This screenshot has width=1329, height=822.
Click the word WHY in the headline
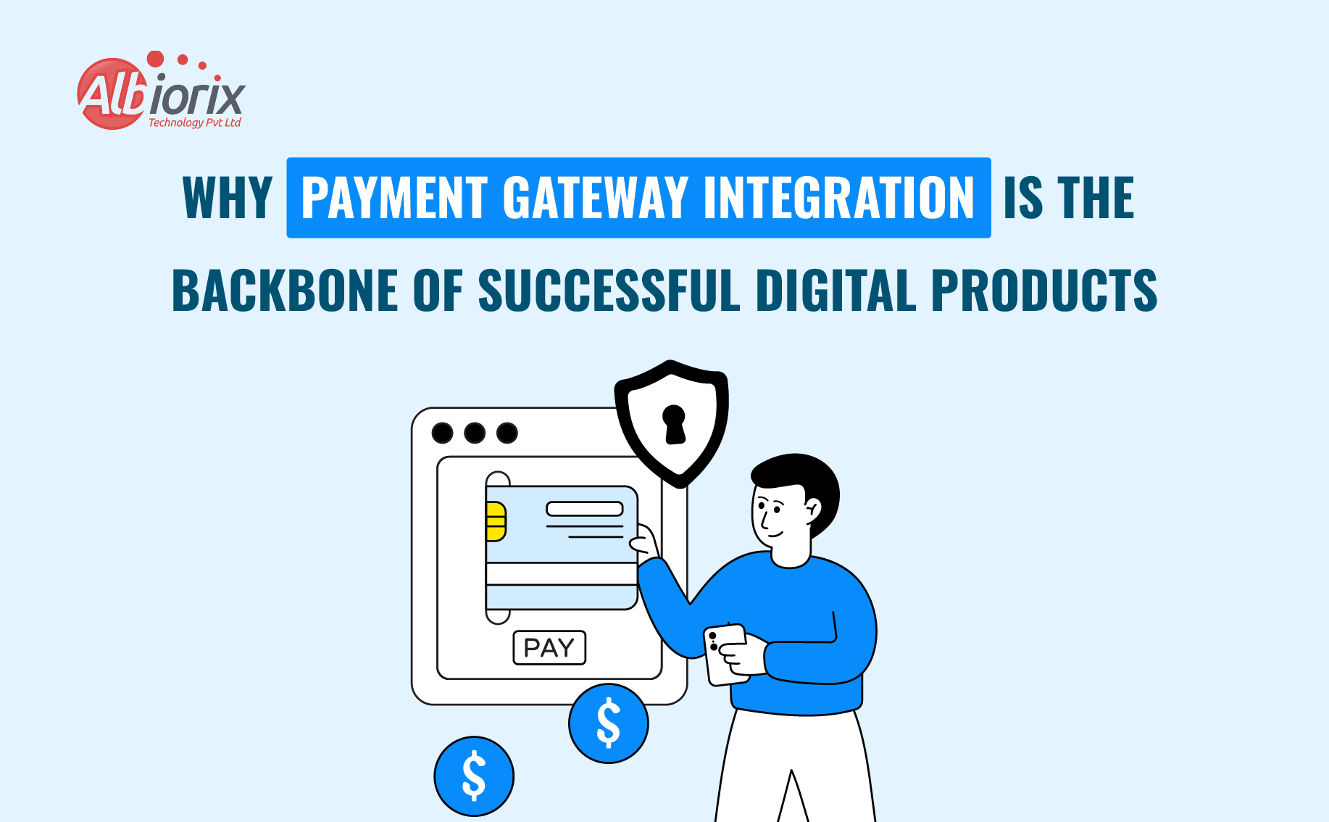228,198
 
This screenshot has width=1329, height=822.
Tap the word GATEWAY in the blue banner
595,198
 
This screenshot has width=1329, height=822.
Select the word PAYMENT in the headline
394,198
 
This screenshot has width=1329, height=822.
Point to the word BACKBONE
285,291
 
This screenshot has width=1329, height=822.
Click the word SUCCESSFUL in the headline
609,291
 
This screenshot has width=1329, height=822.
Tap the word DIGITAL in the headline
836,291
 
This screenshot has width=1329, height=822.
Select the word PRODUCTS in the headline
1044,291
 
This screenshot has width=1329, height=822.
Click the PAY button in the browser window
549,647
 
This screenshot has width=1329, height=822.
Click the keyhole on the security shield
675,423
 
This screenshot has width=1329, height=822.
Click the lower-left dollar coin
474,776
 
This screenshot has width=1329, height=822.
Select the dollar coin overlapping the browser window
609,723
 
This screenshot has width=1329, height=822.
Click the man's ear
813,507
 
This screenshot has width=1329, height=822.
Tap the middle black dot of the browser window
475,433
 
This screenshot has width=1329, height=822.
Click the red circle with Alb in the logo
111,95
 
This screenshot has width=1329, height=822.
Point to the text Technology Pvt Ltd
194,123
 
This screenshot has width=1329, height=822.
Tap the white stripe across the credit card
562,574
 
